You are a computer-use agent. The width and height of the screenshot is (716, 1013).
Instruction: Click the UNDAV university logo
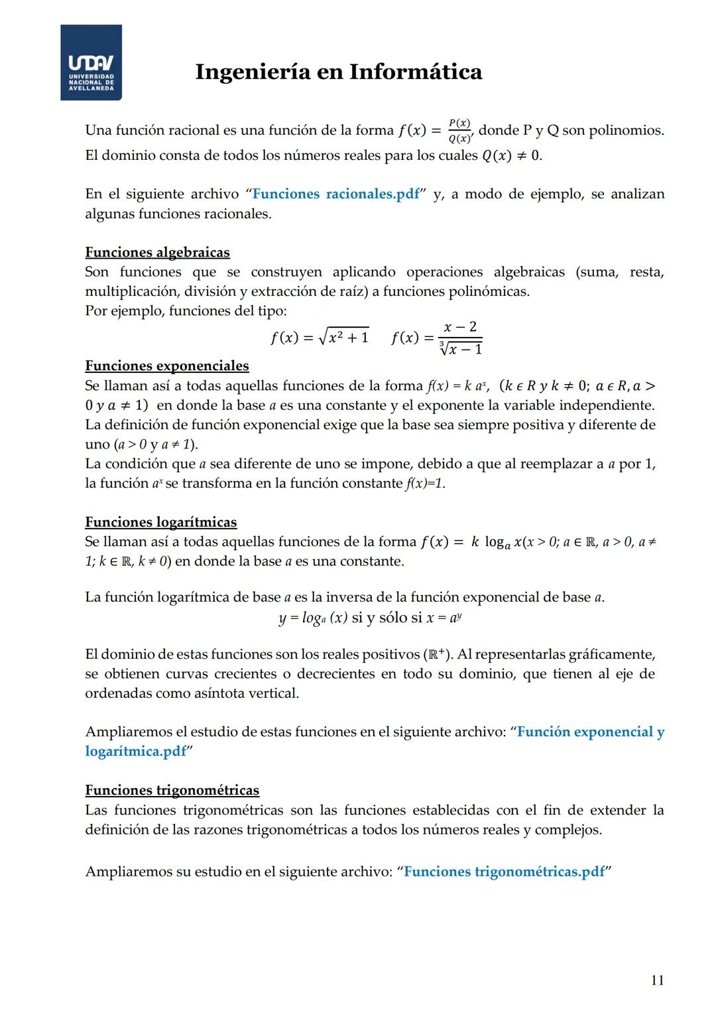tap(91, 62)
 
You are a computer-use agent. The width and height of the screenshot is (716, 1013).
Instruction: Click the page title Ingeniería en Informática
tap(338, 72)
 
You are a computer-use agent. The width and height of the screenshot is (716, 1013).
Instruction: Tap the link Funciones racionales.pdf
tap(336, 194)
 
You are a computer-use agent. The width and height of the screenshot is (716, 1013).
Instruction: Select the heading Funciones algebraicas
tap(157, 252)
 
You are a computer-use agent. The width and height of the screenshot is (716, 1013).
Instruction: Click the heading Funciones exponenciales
tap(166, 366)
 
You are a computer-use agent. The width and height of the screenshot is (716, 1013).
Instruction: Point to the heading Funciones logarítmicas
tap(160, 522)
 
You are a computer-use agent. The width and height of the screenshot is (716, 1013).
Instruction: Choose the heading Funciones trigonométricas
tap(172, 790)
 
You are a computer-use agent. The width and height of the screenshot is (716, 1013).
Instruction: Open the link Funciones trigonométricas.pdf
tap(504, 871)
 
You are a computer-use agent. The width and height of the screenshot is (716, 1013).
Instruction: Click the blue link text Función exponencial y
tap(590, 732)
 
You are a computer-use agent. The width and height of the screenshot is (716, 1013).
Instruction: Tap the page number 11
tap(657, 980)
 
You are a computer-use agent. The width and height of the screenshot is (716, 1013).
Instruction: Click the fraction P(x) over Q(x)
tap(459, 131)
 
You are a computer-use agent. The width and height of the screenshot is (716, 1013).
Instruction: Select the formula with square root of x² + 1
tap(319, 337)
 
